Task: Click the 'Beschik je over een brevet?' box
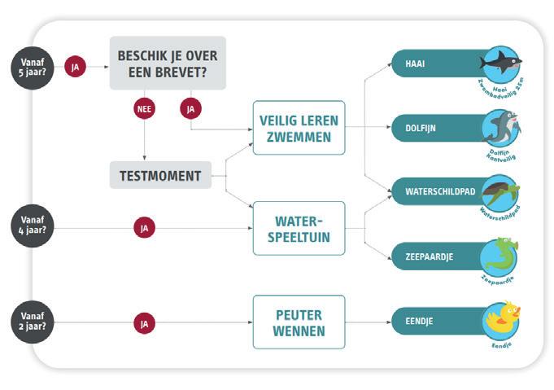(168, 63)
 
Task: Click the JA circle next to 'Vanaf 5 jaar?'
(76, 67)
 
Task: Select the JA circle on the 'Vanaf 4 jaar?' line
(144, 228)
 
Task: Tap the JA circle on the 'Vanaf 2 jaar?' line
(144, 323)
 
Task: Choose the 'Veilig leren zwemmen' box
(299, 127)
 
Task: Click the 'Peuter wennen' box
(299, 322)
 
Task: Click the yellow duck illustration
(500, 320)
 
